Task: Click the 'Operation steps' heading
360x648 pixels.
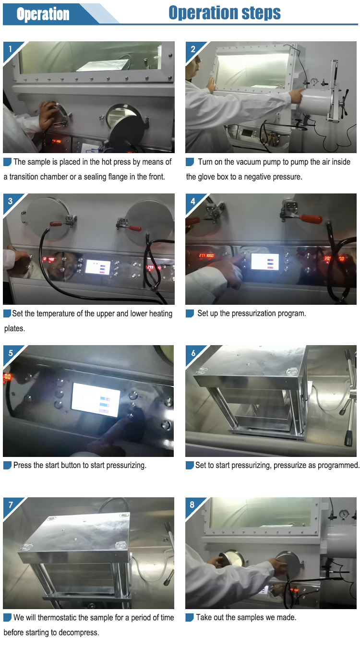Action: (x=225, y=13)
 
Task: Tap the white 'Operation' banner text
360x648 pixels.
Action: (x=43, y=14)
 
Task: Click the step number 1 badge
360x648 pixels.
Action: (x=10, y=49)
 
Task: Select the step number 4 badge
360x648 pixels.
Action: (x=193, y=201)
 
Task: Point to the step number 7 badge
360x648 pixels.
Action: (x=11, y=505)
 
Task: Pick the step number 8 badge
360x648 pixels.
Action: (x=192, y=505)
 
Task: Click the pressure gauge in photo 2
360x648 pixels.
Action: (x=314, y=81)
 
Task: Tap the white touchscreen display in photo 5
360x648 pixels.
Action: (x=96, y=400)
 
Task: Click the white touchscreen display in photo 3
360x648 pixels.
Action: (x=98, y=267)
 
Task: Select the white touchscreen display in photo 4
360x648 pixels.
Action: (x=265, y=262)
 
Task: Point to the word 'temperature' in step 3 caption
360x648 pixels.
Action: (x=57, y=314)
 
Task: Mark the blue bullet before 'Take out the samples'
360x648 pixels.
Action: (x=190, y=617)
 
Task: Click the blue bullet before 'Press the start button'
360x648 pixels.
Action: (x=7, y=465)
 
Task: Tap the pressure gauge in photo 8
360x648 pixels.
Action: (x=344, y=513)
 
